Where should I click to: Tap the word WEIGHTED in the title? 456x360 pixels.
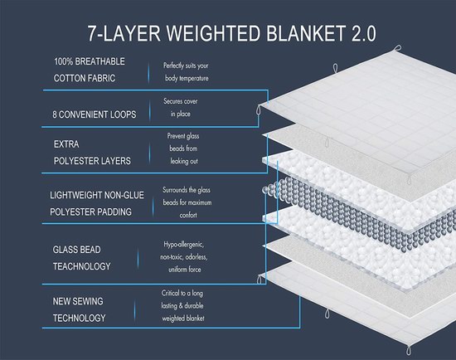click(213, 33)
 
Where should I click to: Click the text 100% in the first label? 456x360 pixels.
click(63, 61)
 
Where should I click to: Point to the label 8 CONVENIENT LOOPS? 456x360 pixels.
click(95, 114)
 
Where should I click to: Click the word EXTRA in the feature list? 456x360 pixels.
click(66, 144)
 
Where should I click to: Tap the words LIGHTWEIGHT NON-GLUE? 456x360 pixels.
click(97, 195)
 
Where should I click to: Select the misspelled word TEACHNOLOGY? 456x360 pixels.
click(82, 266)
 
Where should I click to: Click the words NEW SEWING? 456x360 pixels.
click(78, 301)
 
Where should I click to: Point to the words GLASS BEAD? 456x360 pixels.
click(77, 250)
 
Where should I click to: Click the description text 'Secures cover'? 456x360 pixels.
click(180, 101)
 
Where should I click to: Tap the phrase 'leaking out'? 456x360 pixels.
click(184, 161)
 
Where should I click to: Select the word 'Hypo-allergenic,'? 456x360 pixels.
click(184, 245)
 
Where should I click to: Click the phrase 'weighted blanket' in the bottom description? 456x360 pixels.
click(183, 319)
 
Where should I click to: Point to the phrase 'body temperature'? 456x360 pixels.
click(187, 78)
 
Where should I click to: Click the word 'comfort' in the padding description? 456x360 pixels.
click(188, 216)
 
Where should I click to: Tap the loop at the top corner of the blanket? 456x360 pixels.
click(397, 48)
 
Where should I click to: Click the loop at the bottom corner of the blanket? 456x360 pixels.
click(409, 350)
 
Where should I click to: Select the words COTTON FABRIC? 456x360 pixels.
click(85, 78)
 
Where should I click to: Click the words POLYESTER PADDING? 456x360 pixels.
click(90, 212)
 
